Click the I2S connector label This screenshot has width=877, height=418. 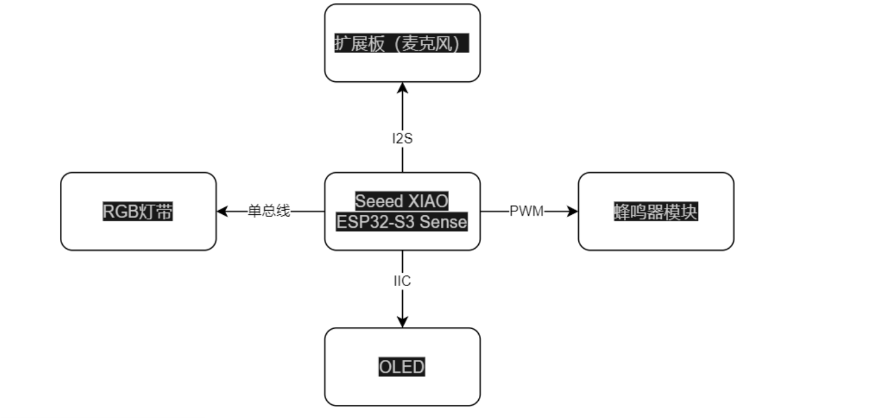pos(402,139)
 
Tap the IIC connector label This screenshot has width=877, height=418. pos(402,281)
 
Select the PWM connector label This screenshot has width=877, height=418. pos(527,211)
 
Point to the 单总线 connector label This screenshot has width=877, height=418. pos(269,211)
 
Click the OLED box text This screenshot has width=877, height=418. pos(402,367)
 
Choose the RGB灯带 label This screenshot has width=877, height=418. pos(138,212)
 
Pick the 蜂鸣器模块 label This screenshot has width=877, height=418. pos(655,212)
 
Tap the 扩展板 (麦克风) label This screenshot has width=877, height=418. pos(402,44)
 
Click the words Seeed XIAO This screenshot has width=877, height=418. pos(402,202)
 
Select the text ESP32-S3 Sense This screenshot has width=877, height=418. pos(402,222)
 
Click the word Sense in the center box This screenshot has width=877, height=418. pos(443,222)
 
